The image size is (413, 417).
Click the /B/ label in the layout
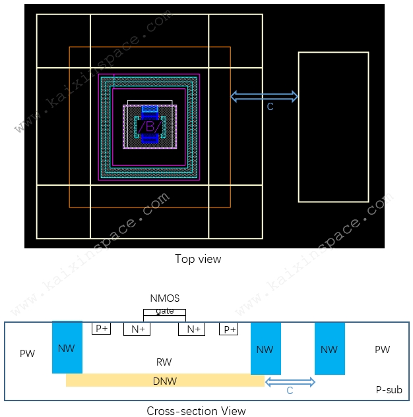(x=150, y=126)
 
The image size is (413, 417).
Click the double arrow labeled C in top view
(x=264, y=97)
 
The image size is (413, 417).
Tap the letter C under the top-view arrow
(x=270, y=107)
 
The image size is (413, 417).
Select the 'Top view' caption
(x=198, y=259)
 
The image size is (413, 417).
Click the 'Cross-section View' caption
(x=196, y=411)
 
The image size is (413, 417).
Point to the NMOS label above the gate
(x=165, y=298)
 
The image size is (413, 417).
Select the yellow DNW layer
(x=165, y=380)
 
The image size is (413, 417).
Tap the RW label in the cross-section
(x=164, y=362)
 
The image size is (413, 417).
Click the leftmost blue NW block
(x=67, y=347)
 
